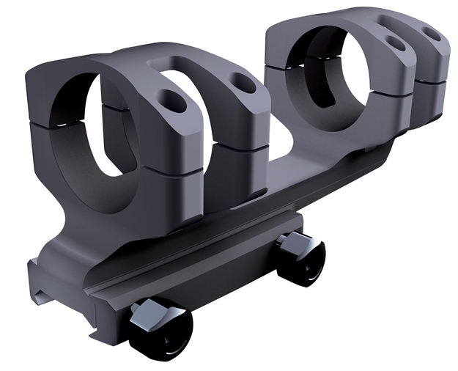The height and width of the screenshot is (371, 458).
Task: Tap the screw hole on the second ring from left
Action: (x=243, y=83)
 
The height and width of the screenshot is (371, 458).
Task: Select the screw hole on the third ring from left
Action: (x=396, y=43)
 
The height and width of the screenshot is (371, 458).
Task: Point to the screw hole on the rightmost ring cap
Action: (x=432, y=33)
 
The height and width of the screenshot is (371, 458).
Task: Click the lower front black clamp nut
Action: (x=160, y=329)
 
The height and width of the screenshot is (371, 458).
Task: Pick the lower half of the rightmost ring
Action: (x=429, y=99)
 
